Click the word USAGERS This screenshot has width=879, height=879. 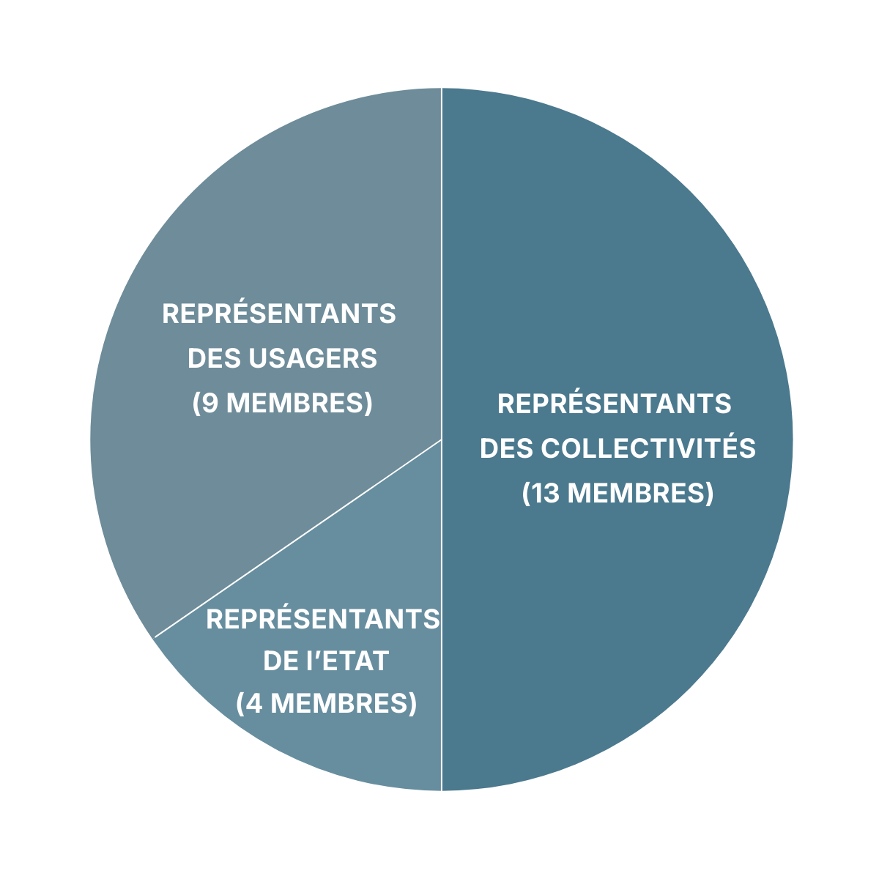(313, 358)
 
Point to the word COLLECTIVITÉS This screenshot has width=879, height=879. (648, 448)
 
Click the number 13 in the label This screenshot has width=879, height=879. (546, 493)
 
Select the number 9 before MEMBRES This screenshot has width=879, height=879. (210, 403)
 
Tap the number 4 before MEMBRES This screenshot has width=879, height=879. (254, 703)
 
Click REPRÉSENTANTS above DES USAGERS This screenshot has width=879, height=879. (279, 314)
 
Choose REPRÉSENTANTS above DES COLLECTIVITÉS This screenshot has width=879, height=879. (615, 404)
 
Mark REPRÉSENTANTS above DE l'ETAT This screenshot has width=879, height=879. (323, 620)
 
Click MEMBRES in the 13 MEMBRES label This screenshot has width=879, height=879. (637, 493)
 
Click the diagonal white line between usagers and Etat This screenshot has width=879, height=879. (298, 538)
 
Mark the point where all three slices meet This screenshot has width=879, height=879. (442, 439)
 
